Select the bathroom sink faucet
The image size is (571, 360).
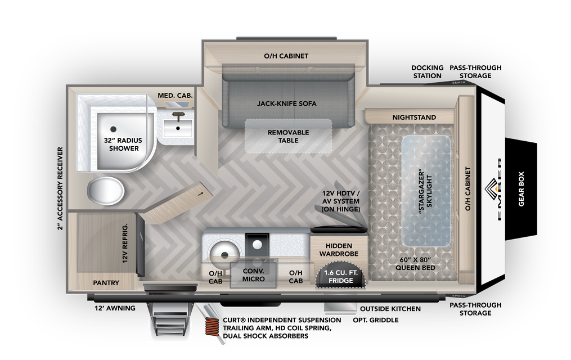click(179, 117)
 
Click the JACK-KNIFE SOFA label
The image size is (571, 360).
click(287, 103)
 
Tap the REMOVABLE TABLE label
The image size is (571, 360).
click(288, 136)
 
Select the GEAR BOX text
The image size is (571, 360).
click(521, 189)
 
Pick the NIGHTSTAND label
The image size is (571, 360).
click(414, 118)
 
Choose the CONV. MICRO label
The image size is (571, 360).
click(253, 274)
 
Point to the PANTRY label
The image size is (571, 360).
click(106, 283)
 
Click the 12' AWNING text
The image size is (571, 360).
click(115, 308)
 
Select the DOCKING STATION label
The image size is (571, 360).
click(427, 71)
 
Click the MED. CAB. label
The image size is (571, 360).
click(176, 96)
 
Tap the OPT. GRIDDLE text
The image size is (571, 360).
click(375, 320)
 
